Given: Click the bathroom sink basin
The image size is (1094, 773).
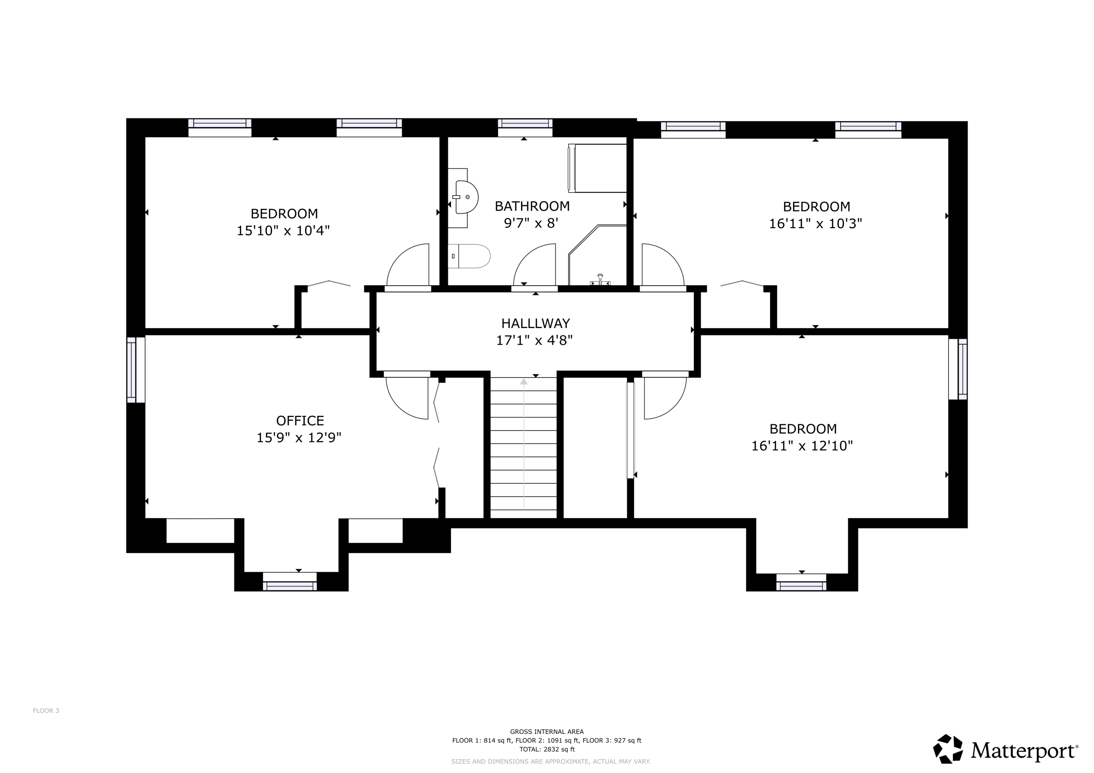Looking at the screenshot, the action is pos(466,197).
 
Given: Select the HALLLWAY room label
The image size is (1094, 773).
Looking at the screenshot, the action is pos(535,323).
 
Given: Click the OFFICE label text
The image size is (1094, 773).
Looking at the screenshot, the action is pos(300,421).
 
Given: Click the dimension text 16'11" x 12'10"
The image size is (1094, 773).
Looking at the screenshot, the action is pos(802,446).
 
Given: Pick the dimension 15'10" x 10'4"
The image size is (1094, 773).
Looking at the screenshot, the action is pos(283,231).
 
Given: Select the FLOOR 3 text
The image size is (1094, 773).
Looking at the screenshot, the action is pos(46,711).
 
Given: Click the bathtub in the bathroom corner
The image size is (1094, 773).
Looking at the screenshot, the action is pos(597,168).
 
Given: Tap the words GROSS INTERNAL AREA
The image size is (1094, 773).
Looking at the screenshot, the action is pos(547,731).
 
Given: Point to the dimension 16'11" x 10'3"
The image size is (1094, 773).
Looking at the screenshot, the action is pos(816,223).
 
